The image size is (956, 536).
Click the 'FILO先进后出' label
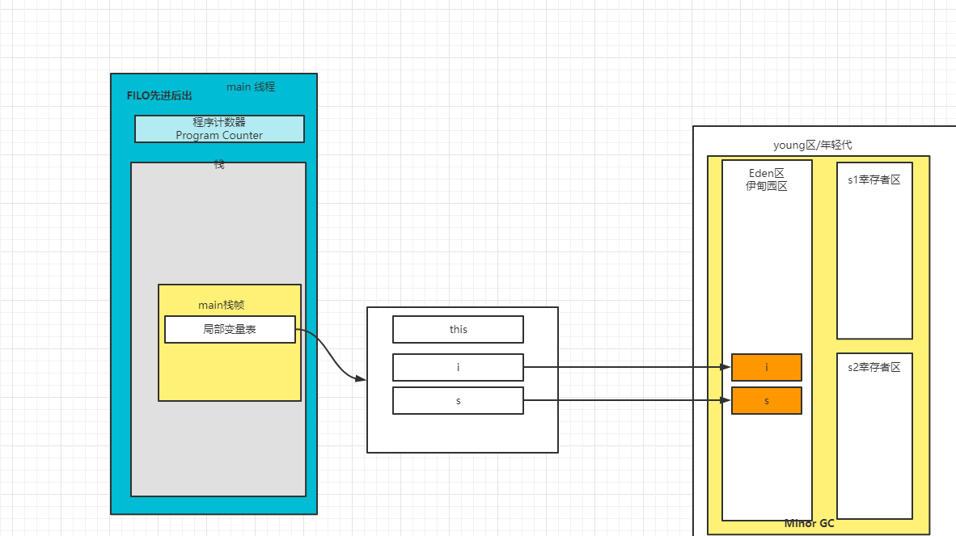click(x=159, y=95)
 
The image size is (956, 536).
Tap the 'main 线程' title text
click(x=251, y=87)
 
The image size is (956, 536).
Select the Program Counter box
click(x=219, y=129)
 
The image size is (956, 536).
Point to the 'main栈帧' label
click(x=221, y=305)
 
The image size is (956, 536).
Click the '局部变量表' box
click(x=230, y=330)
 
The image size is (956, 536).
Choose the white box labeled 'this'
click(x=458, y=330)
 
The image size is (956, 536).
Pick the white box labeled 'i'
click(x=458, y=367)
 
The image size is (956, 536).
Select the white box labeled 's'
click(x=458, y=401)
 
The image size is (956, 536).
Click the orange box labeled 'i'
click(x=767, y=367)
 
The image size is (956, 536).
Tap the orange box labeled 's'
click(x=767, y=401)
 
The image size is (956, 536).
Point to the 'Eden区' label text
click(x=767, y=174)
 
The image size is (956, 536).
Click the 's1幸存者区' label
click(x=874, y=179)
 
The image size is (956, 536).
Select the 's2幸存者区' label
click(x=874, y=367)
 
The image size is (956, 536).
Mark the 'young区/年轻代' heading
click(x=813, y=145)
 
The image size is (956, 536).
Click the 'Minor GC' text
click(x=809, y=523)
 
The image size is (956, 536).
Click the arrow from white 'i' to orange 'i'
click(x=628, y=367)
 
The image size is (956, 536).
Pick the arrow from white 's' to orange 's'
click(x=628, y=400)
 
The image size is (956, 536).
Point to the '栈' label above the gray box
click(x=219, y=164)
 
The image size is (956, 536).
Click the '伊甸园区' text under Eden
click(x=767, y=186)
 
